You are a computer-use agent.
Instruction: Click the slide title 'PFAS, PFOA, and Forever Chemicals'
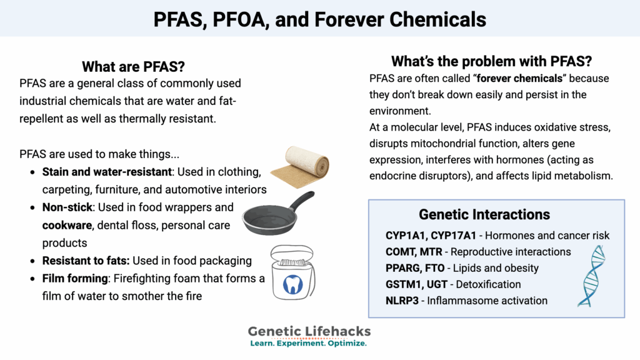tap(320, 19)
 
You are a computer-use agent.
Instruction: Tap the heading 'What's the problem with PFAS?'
tap(491, 61)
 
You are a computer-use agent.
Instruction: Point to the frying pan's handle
tap(301, 201)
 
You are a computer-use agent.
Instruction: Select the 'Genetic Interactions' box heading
tap(484, 214)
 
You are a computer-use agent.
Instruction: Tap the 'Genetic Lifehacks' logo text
tap(308, 331)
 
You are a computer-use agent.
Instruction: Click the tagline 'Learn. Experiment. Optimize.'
tap(308, 344)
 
